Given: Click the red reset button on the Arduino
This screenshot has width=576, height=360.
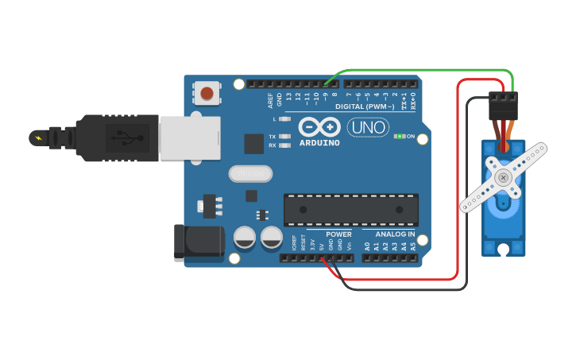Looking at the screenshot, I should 207,93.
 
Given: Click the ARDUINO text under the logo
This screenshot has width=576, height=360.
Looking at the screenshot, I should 319,143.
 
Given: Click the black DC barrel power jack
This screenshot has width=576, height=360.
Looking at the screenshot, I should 198,242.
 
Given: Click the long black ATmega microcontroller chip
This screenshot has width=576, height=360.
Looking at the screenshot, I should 350,209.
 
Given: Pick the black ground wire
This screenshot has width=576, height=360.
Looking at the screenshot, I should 467,199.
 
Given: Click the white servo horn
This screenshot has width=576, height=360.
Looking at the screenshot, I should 504,177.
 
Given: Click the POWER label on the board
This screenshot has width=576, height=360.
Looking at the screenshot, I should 338,234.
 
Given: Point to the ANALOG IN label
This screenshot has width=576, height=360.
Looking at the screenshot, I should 394,234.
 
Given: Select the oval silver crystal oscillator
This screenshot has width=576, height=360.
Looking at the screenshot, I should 249,173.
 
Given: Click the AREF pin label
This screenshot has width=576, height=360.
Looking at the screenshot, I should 270,100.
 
